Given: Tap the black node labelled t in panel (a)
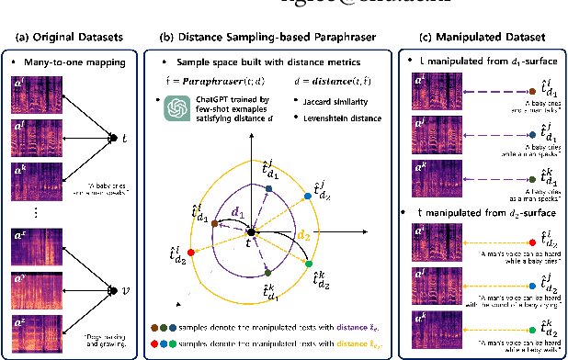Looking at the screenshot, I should coord(112,138).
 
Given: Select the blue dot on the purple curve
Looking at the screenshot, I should coord(268,187).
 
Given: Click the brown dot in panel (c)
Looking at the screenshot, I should coord(532,93).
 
